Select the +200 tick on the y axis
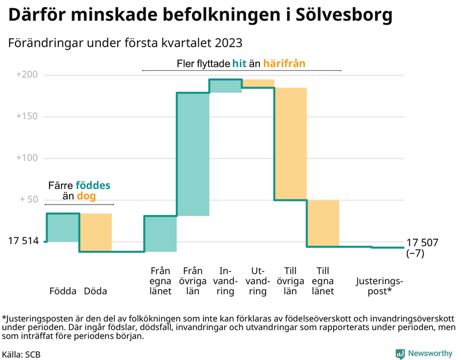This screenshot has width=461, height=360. click(x=27, y=75)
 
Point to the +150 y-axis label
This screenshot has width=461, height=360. click(x=27, y=116)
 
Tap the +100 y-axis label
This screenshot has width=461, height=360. click(x=27, y=158)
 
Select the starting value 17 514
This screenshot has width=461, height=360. click(x=23, y=241)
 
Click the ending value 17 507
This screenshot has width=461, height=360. click(x=422, y=242)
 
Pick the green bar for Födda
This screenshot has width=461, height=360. click(x=63, y=228)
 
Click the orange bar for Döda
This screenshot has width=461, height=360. click(x=95, y=233)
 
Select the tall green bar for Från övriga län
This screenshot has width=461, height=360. click(x=192, y=154)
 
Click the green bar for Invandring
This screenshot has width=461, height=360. click(x=225, y=86)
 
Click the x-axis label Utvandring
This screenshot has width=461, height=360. click(x=258, y=281)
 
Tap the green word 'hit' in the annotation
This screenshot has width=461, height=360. click(x=239, y=63)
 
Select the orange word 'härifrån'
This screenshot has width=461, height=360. click(x=284, y=63)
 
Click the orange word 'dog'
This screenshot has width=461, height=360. click(x=86, y=196)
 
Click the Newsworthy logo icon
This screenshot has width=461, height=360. click(x=399, y=353)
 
